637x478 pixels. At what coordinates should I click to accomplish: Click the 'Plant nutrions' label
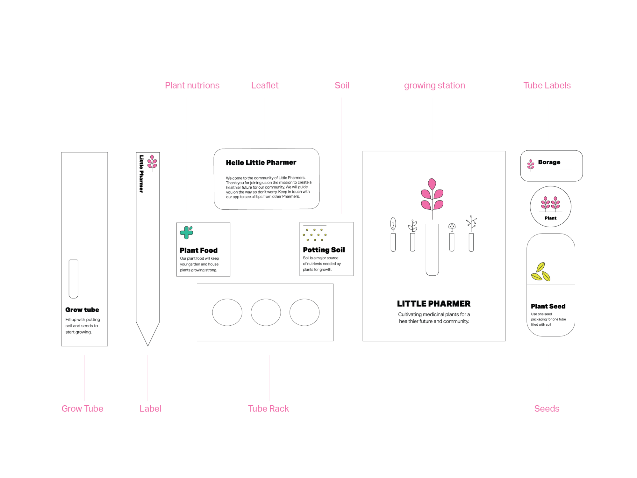192,85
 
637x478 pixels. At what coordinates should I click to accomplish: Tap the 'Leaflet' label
265,85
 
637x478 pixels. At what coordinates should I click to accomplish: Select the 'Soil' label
342,85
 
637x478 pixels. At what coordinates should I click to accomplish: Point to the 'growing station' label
434,85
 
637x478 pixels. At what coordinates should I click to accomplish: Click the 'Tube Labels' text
547,85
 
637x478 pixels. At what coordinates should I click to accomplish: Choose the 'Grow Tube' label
82,409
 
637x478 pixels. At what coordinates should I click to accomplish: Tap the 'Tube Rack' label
268,409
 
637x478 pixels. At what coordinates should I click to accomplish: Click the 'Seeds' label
547,409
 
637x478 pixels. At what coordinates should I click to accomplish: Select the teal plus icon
186,233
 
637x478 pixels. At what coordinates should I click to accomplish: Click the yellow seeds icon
540,272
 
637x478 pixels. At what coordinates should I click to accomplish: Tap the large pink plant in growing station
432,195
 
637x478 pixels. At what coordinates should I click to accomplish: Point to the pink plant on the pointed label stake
152,162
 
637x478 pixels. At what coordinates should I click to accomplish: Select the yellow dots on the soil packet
315,235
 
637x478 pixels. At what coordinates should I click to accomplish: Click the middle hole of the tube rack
266,312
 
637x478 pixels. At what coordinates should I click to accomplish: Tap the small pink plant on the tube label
531,165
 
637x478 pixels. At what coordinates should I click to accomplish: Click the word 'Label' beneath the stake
150,409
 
